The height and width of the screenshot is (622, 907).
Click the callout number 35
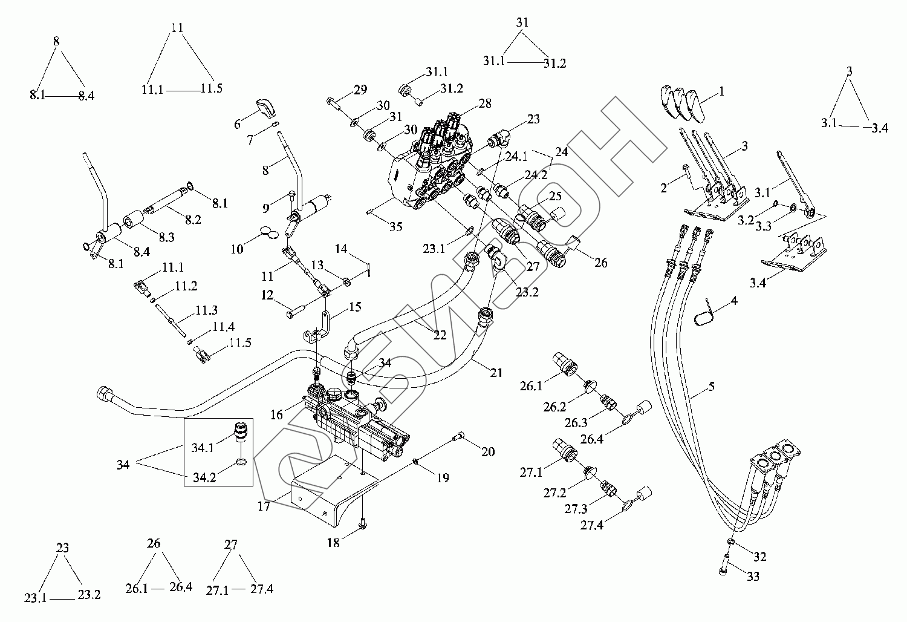[x=395, y=226]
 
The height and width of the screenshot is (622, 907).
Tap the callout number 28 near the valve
[x=485, y=103]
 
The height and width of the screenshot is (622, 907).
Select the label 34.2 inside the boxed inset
[x=204, y=477]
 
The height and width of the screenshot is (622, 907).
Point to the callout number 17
[x=264, y=506]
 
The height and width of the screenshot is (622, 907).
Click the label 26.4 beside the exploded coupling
[x=591, y=439]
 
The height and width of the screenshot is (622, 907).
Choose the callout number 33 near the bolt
[x=753, y=576]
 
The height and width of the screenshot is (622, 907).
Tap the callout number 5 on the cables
[x=712, y=386]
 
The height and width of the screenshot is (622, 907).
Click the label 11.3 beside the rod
[x=207, y=310]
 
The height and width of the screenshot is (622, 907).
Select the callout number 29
[x=360, y=90]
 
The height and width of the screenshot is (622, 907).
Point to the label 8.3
[x=166, y=237]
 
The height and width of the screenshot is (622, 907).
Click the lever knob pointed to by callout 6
[x=265, y=108]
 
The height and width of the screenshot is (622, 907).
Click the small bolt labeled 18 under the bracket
[x=362, y=525]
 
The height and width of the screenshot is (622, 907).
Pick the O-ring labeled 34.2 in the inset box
[x=241, y=462]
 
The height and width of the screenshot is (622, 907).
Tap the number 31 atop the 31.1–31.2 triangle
[x=522, y=22]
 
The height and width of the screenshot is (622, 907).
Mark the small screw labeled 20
[x=458, y=436]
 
